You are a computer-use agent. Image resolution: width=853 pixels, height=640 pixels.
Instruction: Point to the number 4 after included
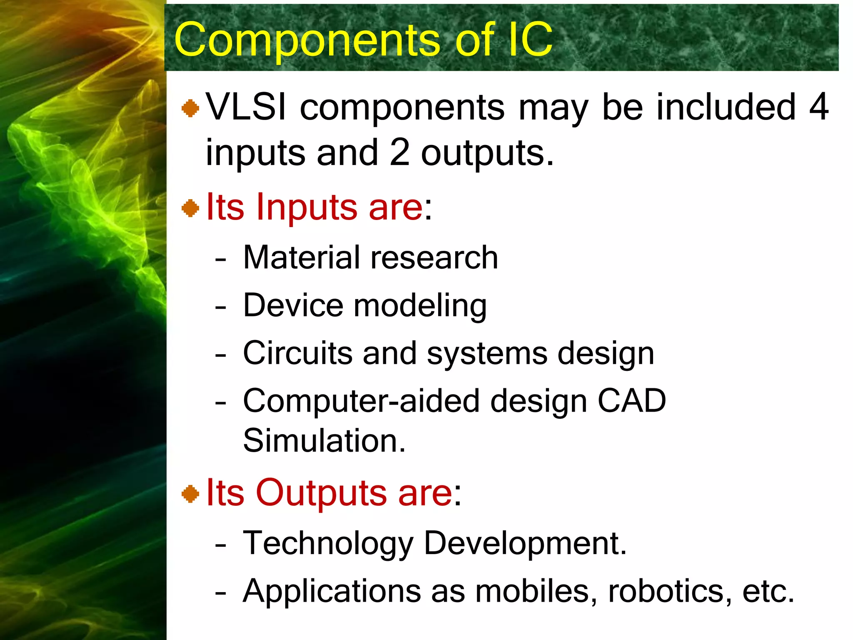(818, 107)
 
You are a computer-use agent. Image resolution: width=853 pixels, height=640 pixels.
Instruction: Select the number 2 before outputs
(400, 152)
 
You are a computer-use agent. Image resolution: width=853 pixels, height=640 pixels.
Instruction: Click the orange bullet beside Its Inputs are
(190, 208)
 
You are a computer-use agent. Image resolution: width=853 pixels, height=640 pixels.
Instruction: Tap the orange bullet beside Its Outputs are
(190, 494)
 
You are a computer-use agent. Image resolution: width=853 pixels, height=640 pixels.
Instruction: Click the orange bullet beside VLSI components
(190, 108)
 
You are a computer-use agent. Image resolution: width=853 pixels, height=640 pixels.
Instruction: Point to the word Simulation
(324, 441)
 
